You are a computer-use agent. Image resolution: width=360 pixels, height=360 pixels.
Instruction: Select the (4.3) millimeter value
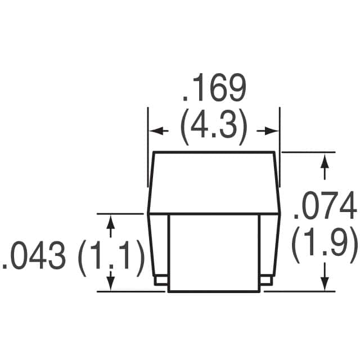point(213,129)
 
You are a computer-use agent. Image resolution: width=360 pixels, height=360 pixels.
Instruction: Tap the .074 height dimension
point(325,208)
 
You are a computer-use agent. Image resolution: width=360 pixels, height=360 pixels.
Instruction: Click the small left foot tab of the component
point(160,278)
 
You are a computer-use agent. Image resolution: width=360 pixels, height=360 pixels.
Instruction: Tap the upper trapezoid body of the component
point(214,183)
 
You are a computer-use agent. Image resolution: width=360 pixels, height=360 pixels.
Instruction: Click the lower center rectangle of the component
point(214,253)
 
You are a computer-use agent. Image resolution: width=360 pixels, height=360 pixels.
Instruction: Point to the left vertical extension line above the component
point(148,146)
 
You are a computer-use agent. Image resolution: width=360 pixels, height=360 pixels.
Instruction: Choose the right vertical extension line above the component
point(280,146)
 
